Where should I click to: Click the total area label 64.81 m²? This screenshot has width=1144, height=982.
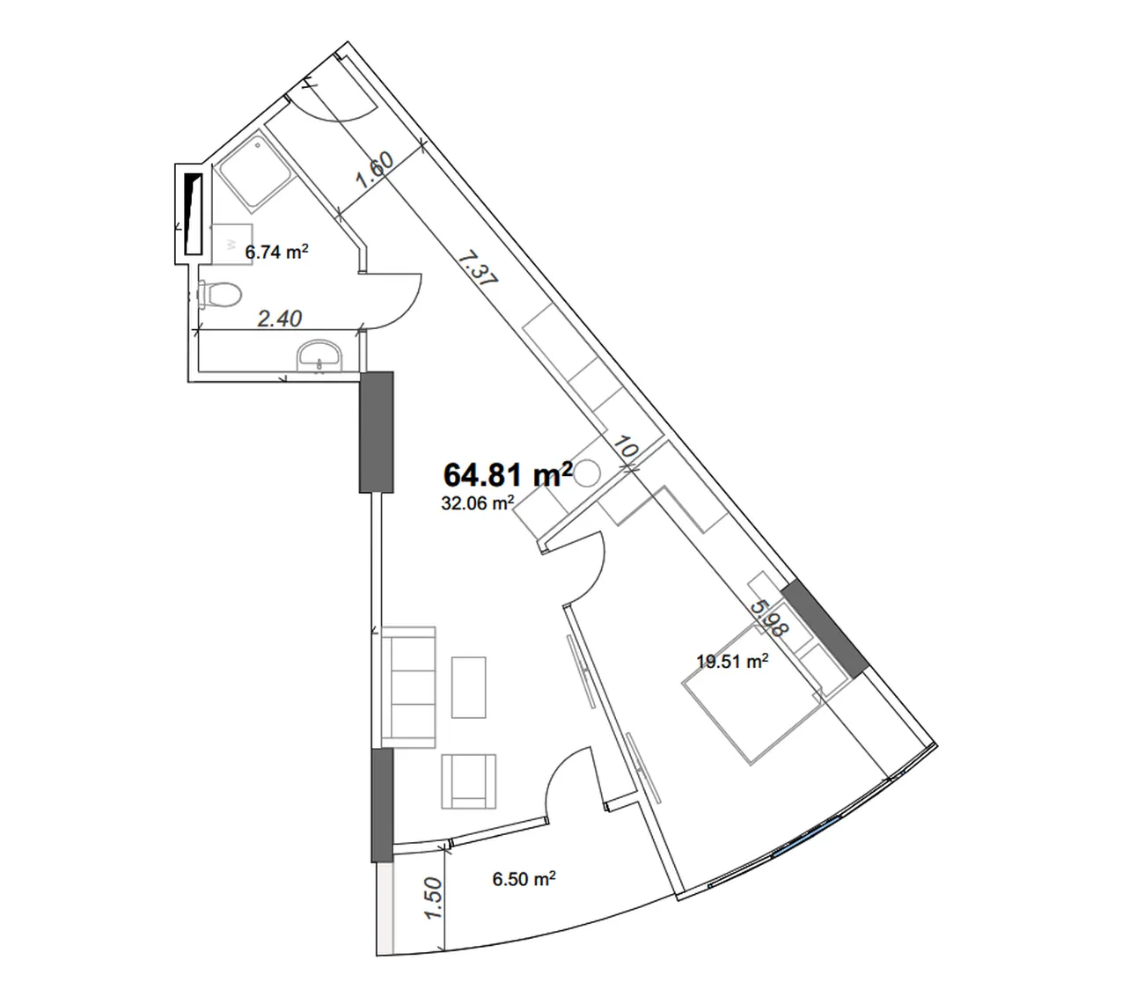[x=508, y=473]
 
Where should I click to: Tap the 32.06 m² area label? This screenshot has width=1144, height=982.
[x=477, y=502]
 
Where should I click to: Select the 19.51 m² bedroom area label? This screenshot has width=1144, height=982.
[x=731, y=661]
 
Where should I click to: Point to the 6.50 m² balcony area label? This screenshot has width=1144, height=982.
[x=524, y=878]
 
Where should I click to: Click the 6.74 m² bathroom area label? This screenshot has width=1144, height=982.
[x=276, y=252]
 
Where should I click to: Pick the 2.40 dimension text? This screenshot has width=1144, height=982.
[x=280, y=319]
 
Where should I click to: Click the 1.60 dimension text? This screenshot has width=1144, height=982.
[x=375, y=170]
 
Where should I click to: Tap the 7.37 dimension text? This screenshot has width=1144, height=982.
[x=477, y=269]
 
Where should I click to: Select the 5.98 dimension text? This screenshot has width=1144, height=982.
[x=769, y=619]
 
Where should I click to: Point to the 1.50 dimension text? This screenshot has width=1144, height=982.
[x=433, y=898]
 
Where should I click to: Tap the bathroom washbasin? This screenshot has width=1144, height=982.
[x=320, y=355]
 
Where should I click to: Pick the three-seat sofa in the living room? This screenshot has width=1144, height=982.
[x=409, y=686]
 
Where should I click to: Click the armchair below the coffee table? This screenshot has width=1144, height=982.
[x=468, y=781]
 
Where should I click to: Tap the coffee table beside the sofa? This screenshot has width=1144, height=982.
[x=469, y=687]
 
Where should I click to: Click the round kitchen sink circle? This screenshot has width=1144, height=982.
[x=587, y=473]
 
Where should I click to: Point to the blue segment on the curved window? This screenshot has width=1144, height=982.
[x=806, y=837]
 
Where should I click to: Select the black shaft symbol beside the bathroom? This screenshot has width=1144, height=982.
[x=193, y=214]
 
